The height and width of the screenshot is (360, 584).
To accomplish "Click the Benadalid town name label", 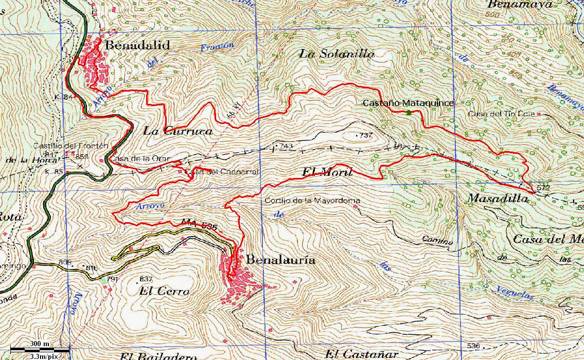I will pos(137,46).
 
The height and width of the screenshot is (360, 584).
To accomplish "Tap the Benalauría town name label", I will pos(281,260).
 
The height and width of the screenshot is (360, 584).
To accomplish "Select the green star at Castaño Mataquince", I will pos(409,112).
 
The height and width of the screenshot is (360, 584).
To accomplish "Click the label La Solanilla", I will pos(337,53).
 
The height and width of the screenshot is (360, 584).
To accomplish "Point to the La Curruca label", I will pos(178,131).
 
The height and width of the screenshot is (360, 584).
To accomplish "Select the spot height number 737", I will pos(365,135).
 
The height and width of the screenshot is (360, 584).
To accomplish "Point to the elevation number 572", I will pos(543,188).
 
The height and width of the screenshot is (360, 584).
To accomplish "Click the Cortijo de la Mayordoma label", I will pos(312,201).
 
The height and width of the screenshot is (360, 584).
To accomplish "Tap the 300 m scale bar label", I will pos(39,344).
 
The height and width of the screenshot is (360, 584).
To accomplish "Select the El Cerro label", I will pos(164,292).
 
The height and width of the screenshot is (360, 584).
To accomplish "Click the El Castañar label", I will pos(362,354).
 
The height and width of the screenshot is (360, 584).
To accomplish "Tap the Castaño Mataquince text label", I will pos(409,103).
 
